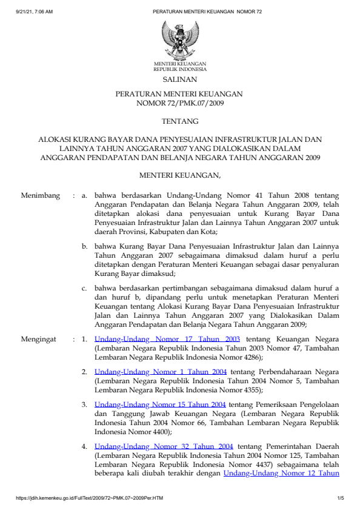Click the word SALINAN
(180, 79)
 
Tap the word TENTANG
(180, 122)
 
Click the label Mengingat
(39, 339)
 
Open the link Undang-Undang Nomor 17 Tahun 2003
(167, 339)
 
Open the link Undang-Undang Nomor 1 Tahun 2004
(161, 371)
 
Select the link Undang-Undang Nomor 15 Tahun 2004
(161, 404)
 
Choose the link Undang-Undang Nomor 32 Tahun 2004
(164, 446)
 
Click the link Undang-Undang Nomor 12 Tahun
(281, 474)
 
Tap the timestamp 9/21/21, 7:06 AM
(35, 12)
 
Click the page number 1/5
(340, 498)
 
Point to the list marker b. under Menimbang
(85, 247)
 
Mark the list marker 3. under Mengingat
(85, 404)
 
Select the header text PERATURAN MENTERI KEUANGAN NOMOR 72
(203, 12)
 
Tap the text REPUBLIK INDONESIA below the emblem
(180, 69)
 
